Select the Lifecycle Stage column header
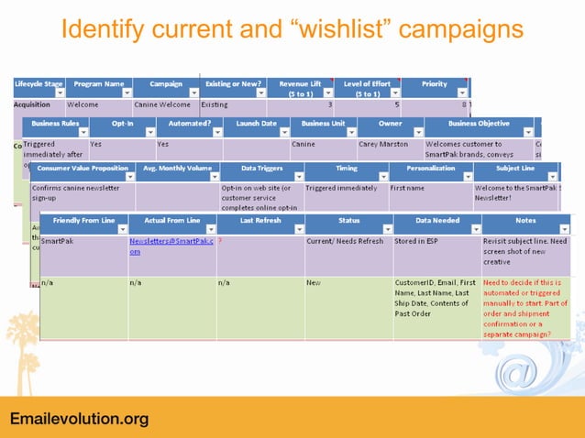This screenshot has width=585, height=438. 39,83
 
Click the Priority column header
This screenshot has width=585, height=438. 435,83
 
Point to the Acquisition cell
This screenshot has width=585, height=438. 33,104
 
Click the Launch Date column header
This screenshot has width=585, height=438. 256,122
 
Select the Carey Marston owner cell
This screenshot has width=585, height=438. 384,144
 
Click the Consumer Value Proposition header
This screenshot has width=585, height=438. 82,168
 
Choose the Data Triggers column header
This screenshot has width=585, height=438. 261,168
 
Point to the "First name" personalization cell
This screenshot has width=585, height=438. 407,188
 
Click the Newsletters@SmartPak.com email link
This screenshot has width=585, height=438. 171,246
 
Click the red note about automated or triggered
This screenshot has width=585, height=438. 525,309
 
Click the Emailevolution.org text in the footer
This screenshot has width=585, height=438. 79,419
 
